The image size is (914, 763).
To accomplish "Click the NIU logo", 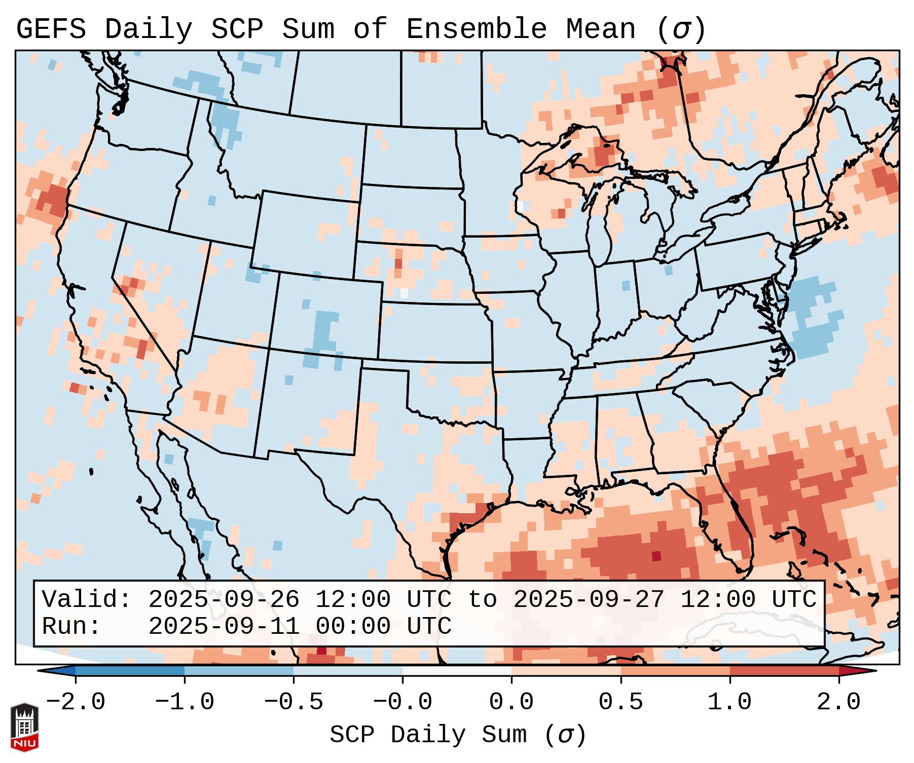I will click(x=24, y=727).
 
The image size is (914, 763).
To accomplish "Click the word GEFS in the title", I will click(x=51, y=29).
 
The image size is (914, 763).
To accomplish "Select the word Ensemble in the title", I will click(x=476, y=29).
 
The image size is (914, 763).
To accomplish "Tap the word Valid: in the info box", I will click(x=87, y=600).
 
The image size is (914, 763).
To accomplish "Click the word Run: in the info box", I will click(x=71, y=627).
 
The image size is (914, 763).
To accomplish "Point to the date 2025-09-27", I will click(x=589, y=600).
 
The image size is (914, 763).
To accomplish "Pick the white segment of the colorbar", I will click(x=457, y=671).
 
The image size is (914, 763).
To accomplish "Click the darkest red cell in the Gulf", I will click(x=656, y=556).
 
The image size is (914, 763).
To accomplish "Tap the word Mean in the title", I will click(x=600, y=29).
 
